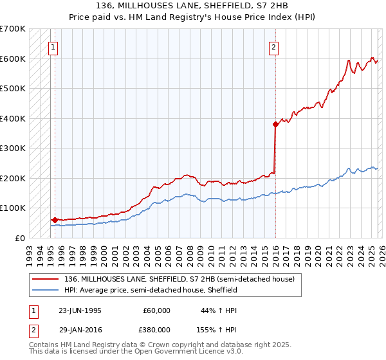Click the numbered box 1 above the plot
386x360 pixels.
pyautogui.click(x=52, y=46)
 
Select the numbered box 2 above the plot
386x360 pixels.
pyautogui.click(x=273, y=46)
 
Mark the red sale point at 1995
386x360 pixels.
pyautogui.click(x=55, y=220)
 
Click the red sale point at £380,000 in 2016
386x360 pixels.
pyautogui.click(x=275, y=124)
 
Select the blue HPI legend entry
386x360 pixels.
pyautogui.click(x=151, y=290)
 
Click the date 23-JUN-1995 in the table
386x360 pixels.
pyautogui.click(x=80, y=310)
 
